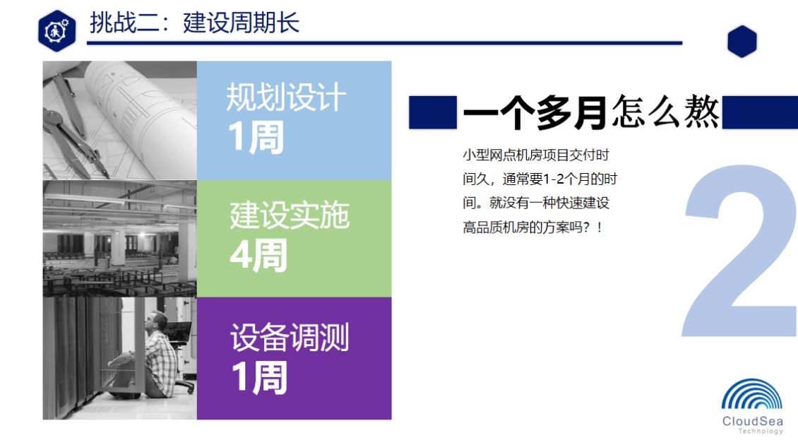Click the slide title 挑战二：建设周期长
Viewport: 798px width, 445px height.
pyautogui.click(x=194, y=23)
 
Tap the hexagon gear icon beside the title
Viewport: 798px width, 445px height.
pyautogui.click(x=57, y=30)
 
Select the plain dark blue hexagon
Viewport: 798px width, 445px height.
pyautogui.click(x=742, y=41)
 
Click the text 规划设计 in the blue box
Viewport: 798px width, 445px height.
pyautogui.click(x=286, y=97)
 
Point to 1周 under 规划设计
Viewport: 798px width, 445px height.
pyautogui.click(x=256, y=137)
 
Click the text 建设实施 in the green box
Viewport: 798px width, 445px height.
pyautogui.click(x=290, y=215)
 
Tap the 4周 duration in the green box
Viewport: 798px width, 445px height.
pyautogui.click(x=258, y=255)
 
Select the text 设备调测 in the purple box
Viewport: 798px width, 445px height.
pyautogui.click(x=290, y=336)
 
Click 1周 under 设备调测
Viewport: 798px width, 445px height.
pyautogui.click(x=260, y=378)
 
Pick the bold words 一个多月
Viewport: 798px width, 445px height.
pyautogui.click(x=535, y=112)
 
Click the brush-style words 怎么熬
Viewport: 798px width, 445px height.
pyautogui.click(x=666, y=112)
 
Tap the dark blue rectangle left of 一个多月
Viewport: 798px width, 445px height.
pyautogui.click(x=433, y=112)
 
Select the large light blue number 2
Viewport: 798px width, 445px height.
pyautogui.click(x=739, y=251)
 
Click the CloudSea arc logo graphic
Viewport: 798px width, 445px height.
pyautogui.click(x=751, y=394)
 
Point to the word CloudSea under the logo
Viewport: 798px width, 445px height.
pyautogui.click(x=752, y=421)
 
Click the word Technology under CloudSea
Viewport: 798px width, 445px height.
pyautogui.click(x=761, y=432)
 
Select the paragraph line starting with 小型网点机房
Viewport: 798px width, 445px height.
pyautogui.click(x=536, y=155)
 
